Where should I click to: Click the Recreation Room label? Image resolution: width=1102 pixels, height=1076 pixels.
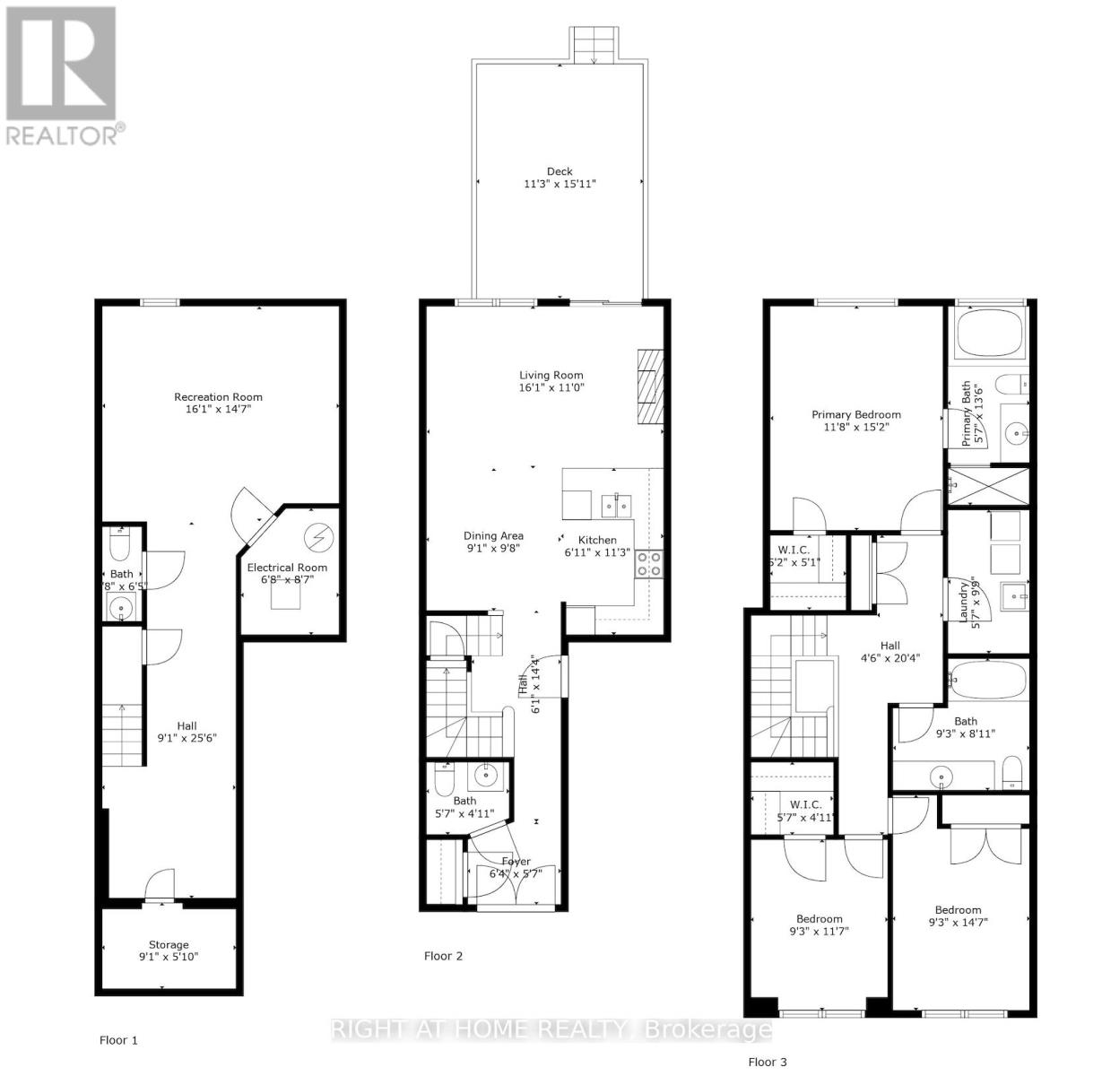coord(218,397)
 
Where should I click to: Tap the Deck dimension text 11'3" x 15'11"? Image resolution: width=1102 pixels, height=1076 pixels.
coord(560,184)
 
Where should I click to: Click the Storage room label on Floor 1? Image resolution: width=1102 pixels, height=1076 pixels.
coord(169,944)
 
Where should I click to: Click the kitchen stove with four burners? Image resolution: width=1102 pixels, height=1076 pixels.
coord(649,563)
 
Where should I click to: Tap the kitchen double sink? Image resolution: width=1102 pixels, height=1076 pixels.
coord(616,506)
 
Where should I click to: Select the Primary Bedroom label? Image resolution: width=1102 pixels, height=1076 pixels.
coord(855,414)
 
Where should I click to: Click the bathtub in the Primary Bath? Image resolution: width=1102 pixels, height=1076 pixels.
coord(991,333)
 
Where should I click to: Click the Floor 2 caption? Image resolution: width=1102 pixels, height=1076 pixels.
coord(443,956)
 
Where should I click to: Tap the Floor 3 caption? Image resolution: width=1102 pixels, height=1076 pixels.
coord(768,1062)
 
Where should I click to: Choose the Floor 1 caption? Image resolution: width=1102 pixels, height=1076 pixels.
coord(118,1040)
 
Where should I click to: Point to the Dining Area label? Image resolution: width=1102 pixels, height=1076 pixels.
coord(493,536)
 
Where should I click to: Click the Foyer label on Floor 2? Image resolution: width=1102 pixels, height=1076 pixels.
coord(516,862)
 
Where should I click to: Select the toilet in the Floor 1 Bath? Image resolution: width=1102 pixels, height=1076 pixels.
coord(120,545)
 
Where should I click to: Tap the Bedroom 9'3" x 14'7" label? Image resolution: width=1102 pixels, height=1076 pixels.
coord(958,909)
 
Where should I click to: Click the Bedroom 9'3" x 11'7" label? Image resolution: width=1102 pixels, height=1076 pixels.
coord(820,918)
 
